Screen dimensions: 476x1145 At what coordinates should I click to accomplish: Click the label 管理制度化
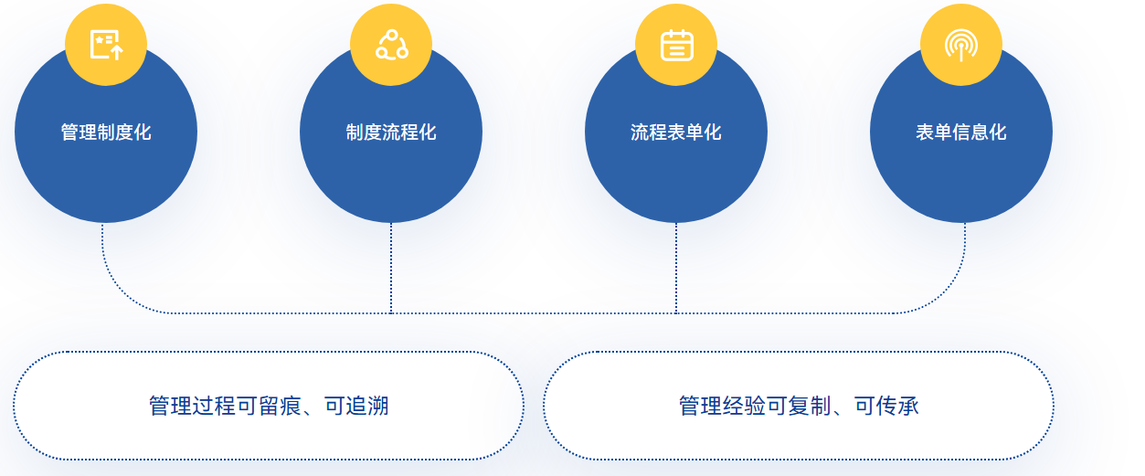106,132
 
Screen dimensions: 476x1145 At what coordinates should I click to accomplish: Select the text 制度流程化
391,132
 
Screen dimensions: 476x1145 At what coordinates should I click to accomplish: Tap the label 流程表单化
676,132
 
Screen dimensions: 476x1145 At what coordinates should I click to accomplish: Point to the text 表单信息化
961,132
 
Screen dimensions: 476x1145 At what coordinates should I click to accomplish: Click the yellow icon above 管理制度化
106,45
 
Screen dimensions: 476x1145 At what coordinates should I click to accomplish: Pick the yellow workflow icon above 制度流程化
391,45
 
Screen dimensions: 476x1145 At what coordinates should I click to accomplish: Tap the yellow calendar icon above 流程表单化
676,45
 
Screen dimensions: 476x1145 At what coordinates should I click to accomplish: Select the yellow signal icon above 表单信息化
961,45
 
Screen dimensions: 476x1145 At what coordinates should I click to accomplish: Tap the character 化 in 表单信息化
998,132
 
